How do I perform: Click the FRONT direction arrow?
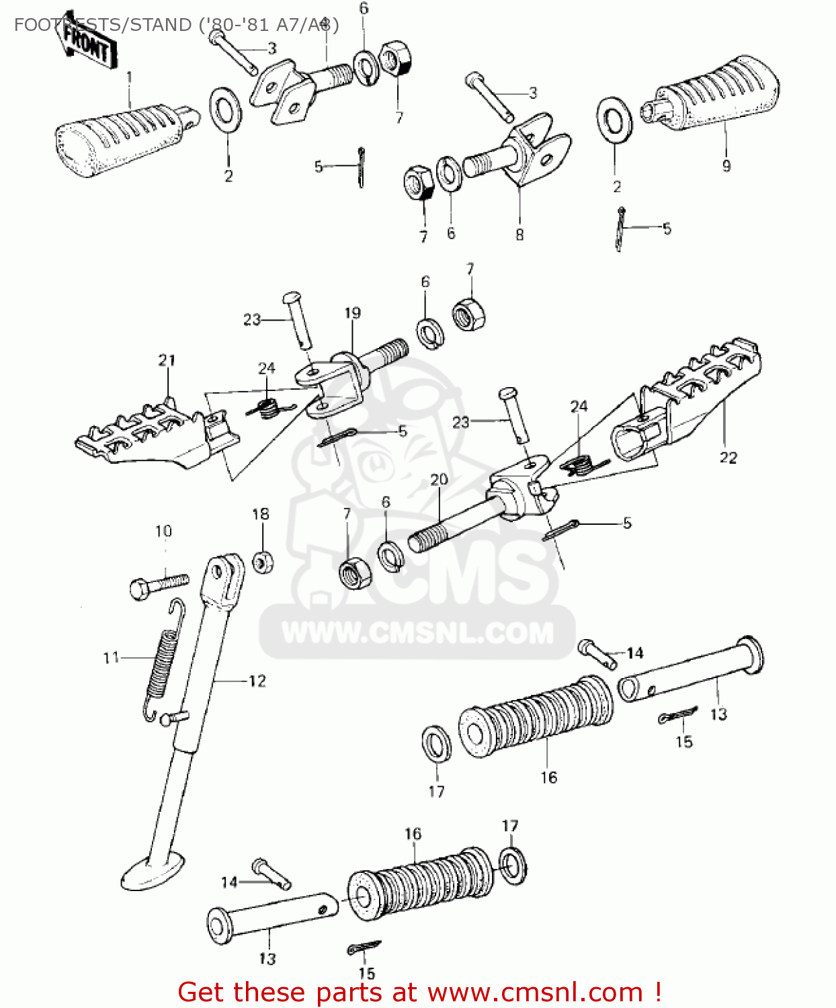[x=86, y=48]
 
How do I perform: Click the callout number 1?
[x=129, y=77]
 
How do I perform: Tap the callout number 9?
[x=726, y=165]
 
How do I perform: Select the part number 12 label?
[x=257, y=681]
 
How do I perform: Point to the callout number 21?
[x=167, y=360]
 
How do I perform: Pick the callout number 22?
[x=728, y=458]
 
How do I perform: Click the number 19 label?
[x=352, y=312]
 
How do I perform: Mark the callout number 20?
[x=439, y=479]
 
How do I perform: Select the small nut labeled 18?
[x=263, y=561]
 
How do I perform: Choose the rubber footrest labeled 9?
[x=716, y=94]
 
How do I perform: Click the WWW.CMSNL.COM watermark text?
[x=417, y=633]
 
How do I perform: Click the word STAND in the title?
[x=160, y=25]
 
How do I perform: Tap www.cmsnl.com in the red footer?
[x=535, y=992]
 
